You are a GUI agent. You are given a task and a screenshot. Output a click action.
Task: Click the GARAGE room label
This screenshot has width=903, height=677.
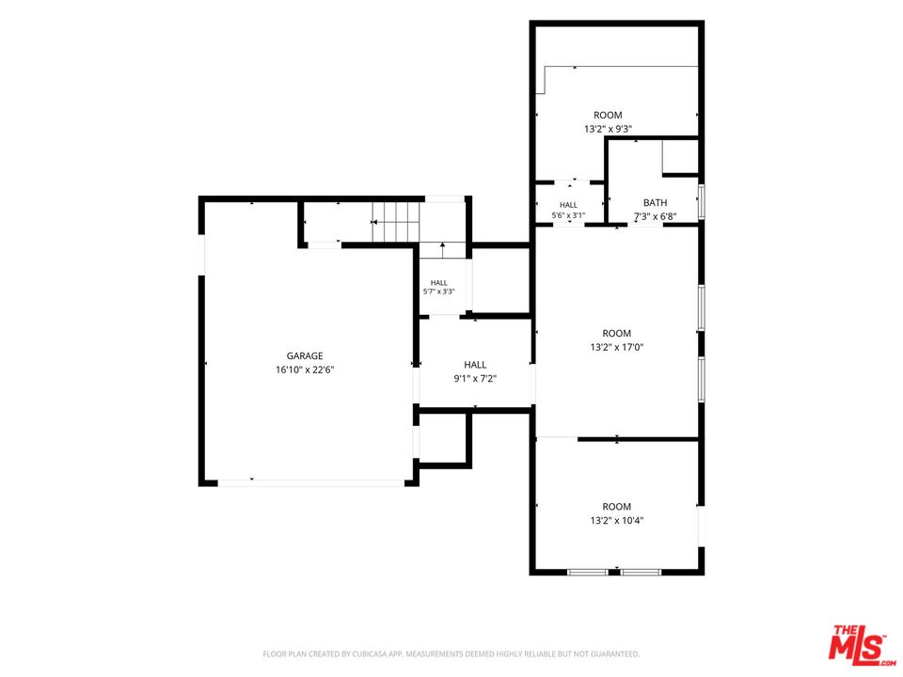[x=305, y=355]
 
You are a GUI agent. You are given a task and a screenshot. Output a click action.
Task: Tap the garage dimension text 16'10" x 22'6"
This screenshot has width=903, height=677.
[x=305, y=370]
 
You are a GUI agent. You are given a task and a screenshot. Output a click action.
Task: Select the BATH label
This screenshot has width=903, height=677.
[x=656, y=203]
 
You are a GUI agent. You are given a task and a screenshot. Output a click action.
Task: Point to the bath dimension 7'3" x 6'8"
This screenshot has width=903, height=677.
[x=656, y=217]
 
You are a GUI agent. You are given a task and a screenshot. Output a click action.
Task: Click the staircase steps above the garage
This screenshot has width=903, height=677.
[x=395, y=222]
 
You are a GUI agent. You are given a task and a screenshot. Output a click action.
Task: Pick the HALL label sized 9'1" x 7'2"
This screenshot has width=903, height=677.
[x=475, y=365]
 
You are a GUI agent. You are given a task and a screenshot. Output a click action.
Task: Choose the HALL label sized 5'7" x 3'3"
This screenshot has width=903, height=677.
[x=439, y=283]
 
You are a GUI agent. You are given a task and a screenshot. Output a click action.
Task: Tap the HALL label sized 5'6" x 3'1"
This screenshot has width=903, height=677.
[x=568, y=205]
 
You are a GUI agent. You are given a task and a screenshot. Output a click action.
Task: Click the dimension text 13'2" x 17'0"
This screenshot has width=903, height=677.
[x=617, y=347]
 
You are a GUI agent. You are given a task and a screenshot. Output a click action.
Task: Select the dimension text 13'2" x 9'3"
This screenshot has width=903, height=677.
[x=609, y=129]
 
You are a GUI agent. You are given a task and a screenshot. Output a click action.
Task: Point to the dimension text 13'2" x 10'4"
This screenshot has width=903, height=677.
[x=617, y=520]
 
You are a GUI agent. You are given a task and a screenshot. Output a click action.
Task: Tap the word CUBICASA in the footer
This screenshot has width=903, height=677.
[x=372, y=654]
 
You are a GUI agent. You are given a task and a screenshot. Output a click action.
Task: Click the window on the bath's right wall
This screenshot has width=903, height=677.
[x=702, y=201]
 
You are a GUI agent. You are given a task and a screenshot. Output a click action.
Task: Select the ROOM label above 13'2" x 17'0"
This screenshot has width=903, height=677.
[x=617, y=333]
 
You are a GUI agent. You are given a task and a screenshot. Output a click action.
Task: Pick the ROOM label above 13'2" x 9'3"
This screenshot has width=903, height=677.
[x=609, y=115]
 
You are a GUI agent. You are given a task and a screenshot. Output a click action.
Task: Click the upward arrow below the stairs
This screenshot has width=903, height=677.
[x=442, y=250]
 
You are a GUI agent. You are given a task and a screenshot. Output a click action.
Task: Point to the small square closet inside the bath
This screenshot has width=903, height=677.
[x=680, y=157]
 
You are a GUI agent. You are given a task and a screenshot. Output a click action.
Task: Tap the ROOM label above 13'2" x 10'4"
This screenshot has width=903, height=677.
[x=617, y=507]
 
